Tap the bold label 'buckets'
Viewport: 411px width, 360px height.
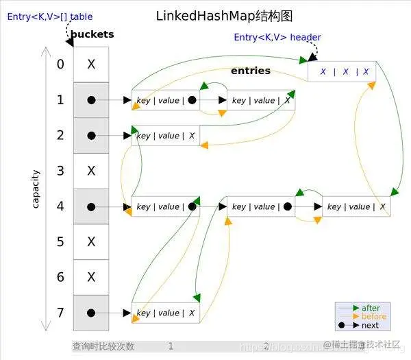coord(92,34)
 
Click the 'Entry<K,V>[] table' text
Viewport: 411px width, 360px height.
coord(50,16)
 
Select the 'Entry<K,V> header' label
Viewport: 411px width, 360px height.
coord(277,37)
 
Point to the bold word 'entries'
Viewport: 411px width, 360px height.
coord(251,71)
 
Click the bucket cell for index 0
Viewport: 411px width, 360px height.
coord(91,64)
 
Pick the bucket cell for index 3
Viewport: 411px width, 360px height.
coord(91,171)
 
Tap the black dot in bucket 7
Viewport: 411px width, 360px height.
coord(91,313)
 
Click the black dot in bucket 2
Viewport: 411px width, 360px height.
coord(91,135)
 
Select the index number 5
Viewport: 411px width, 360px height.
coord(61,241)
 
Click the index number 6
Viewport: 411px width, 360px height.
coord(61,277)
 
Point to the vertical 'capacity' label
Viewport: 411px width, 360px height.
coord(36,189)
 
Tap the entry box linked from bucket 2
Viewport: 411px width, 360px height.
coord(166,136)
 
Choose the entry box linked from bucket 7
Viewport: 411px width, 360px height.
coord(166,313)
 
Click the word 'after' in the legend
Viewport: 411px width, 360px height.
coord(371,308)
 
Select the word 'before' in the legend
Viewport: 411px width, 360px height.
coord(373,317)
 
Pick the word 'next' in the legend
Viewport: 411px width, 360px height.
coord(370,325)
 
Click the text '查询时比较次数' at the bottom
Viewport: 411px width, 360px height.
coord(103,346)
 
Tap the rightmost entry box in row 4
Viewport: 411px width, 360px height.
coord(356,206)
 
